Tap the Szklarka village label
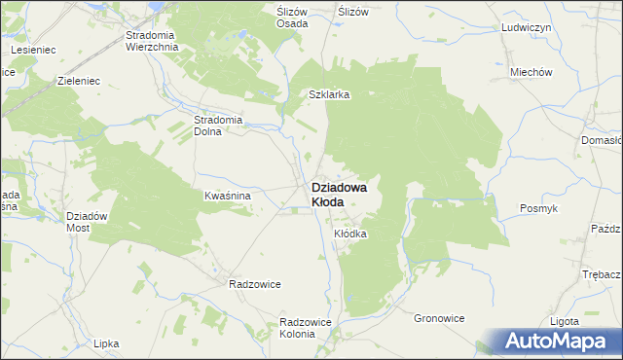(329, 95)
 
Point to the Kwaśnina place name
(228, 196)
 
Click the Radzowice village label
(254, 284)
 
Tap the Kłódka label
(350, 234)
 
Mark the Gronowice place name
(439, 318)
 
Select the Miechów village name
(531, 72)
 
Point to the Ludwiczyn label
(527, 28)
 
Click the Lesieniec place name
(32, 48)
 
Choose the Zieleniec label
(81, 82)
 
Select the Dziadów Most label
(85, 221)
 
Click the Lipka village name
(106, 343)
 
